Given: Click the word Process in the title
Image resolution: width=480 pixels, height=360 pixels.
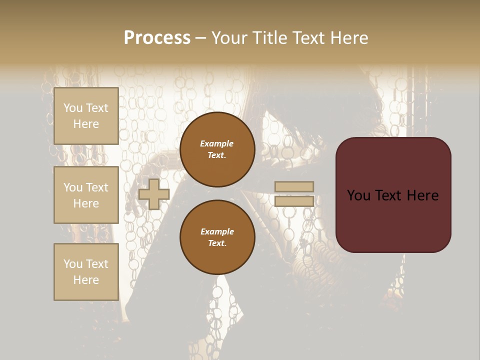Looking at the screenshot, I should (157, 38).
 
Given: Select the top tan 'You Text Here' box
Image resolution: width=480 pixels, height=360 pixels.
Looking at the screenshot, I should (86, 116).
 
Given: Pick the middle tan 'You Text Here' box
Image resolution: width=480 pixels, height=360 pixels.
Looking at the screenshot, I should (86, 195).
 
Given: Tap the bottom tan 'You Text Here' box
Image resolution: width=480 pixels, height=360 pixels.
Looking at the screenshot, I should (86, 271).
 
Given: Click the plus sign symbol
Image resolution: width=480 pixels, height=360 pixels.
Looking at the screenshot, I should (154, 194).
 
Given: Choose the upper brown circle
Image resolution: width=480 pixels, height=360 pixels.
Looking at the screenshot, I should (217, 149).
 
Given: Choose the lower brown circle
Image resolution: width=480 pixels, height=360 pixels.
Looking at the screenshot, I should (217, 237).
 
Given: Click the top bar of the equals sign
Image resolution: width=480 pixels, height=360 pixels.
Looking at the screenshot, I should (294, 186).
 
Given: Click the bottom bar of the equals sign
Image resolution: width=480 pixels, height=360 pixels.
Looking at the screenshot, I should (294, 201).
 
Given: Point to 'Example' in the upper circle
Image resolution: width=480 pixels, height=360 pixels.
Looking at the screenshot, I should (217, 143).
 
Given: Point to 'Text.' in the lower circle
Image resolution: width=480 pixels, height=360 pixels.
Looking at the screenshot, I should (217, 243).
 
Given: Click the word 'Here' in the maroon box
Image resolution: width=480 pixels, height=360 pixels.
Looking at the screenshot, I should (422, 195).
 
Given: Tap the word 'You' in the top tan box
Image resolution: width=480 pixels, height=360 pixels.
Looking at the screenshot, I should (72, 108).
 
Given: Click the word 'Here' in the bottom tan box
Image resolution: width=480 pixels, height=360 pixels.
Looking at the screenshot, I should (86, 280).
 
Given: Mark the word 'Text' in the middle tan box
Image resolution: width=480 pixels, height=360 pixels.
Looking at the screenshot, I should (96, 187).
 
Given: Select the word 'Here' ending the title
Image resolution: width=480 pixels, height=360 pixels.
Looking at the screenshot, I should (350, 38).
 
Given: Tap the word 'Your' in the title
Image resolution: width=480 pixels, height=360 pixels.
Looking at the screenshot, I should (228, 38).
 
